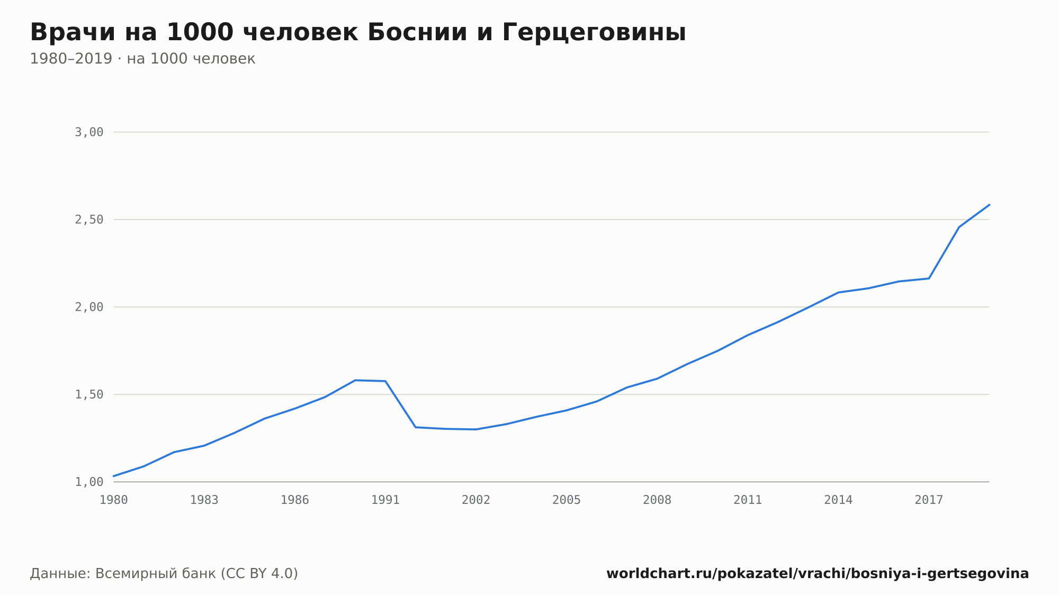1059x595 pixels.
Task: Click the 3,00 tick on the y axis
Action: (89, 132)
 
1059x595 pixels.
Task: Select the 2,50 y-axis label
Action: (89, 220)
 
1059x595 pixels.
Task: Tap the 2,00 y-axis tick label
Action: (89, 307)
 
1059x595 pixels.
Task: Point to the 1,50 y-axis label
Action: (89, 394)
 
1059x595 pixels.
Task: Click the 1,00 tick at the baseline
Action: (89, 482)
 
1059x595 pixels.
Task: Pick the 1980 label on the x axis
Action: (114, 500)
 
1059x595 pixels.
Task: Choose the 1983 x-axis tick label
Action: (204, 500)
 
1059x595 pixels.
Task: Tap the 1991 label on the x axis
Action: (385, 500)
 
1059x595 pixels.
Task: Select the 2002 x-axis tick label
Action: (476, 500)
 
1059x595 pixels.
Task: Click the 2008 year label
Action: (657, 500)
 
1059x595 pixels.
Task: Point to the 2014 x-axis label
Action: (838, 500)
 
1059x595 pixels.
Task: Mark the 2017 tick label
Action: (929, 500)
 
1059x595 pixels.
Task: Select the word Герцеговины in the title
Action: (594, 33)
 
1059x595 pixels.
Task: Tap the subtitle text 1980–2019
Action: (71, 59)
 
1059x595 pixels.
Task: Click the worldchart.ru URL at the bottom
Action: (818, 573)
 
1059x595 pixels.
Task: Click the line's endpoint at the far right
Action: (989, 204)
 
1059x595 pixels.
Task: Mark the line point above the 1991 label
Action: (385, 381)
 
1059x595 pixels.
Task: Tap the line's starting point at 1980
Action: (114, 476)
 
